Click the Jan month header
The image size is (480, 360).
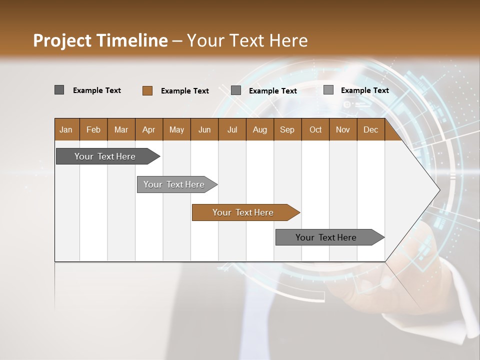pyautogui.click(x=66, y=129)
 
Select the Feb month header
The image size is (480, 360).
pyautogui.click(x=93, y=129)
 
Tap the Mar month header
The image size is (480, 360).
pyautogui.click(x=121, y=129)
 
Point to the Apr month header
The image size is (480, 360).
pyautogui.click(x=149, y=129)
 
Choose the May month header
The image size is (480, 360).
pyautogui.click(x=176, y=129)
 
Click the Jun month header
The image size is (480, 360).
pyautogui.click(x=204, y=129)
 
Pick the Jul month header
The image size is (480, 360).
pyautogui.click(x=232, y=129)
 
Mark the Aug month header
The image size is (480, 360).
pyautogui.click(x=260, y=129)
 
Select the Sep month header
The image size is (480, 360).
pyautogui.click(x=287, y=129)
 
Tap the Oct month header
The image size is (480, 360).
pyautogui.click(x=315, y=129)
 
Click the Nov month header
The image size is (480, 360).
pyautogui.click(x=343, y=129)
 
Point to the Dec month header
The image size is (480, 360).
pyautogui.click(x=370, y=129)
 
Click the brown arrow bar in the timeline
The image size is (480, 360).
pyautogui.click(x=243, y=212)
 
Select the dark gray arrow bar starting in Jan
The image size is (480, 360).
pyautogui.click(x=105, y=156)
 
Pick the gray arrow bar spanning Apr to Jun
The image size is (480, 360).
pyautogui.click(x=174, y=184)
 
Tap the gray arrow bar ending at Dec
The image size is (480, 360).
pyautogui.click(x=326, y=237)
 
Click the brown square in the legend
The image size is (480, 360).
pyautogui.click(x=147, y=90)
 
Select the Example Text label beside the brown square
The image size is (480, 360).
pyautogui.click(x=185, y=91)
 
